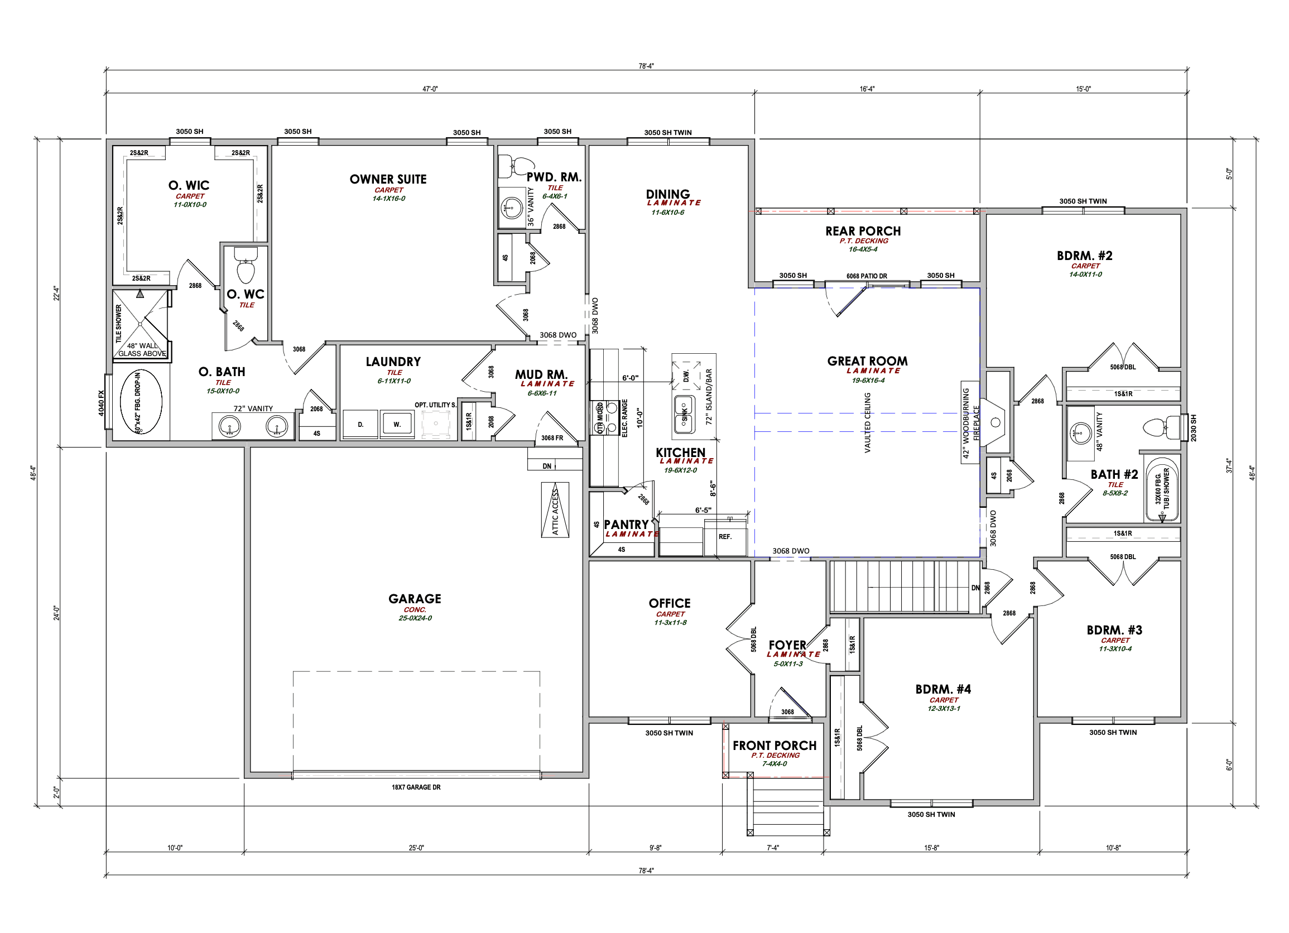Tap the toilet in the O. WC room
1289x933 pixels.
246,268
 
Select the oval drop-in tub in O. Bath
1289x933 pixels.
141,402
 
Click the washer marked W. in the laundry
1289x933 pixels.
397,424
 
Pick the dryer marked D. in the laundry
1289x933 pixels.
360,424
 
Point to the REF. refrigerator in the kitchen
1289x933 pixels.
725,536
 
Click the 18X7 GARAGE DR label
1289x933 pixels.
416,787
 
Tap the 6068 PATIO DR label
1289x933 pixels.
866,276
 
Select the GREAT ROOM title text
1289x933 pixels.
867,361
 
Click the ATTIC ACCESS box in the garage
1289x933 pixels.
555,509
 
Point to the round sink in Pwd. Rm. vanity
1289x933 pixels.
512,208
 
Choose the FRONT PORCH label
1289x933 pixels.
774,745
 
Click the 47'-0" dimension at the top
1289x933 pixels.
430,89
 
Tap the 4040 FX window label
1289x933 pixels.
101,402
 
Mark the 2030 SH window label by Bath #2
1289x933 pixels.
1193,427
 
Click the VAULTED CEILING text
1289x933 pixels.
867,422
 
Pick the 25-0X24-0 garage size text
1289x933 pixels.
415,618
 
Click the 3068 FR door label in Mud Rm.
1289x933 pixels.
552,437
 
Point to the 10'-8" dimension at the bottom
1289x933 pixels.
1113,848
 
